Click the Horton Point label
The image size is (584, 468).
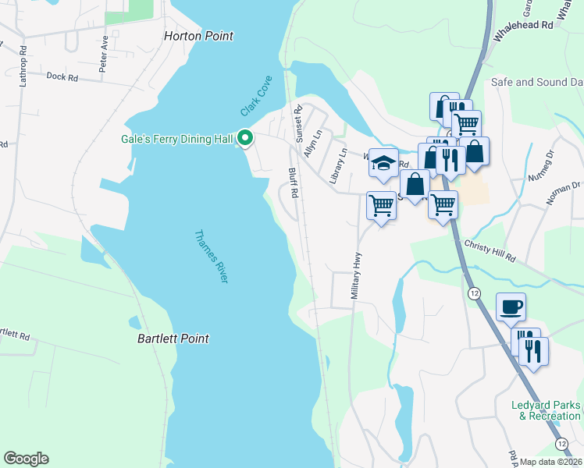click(x=199, y=36)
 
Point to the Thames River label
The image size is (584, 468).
click(x=210, y=256)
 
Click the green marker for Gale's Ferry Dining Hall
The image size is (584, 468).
click(x=245, y=139)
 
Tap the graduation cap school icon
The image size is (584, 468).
click(x=383, y=164)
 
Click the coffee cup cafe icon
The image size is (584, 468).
click(x=511, y=307)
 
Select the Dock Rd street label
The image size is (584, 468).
click(x=62, y=77)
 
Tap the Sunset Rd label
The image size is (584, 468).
click(x=297, y=124)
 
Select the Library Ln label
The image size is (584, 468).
click(x=337, y=166)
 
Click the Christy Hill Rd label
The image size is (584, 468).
click(x=490, y=250)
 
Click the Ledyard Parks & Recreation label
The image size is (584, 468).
click(x=545, y=410)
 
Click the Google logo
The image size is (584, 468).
click(x=26, y=458)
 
